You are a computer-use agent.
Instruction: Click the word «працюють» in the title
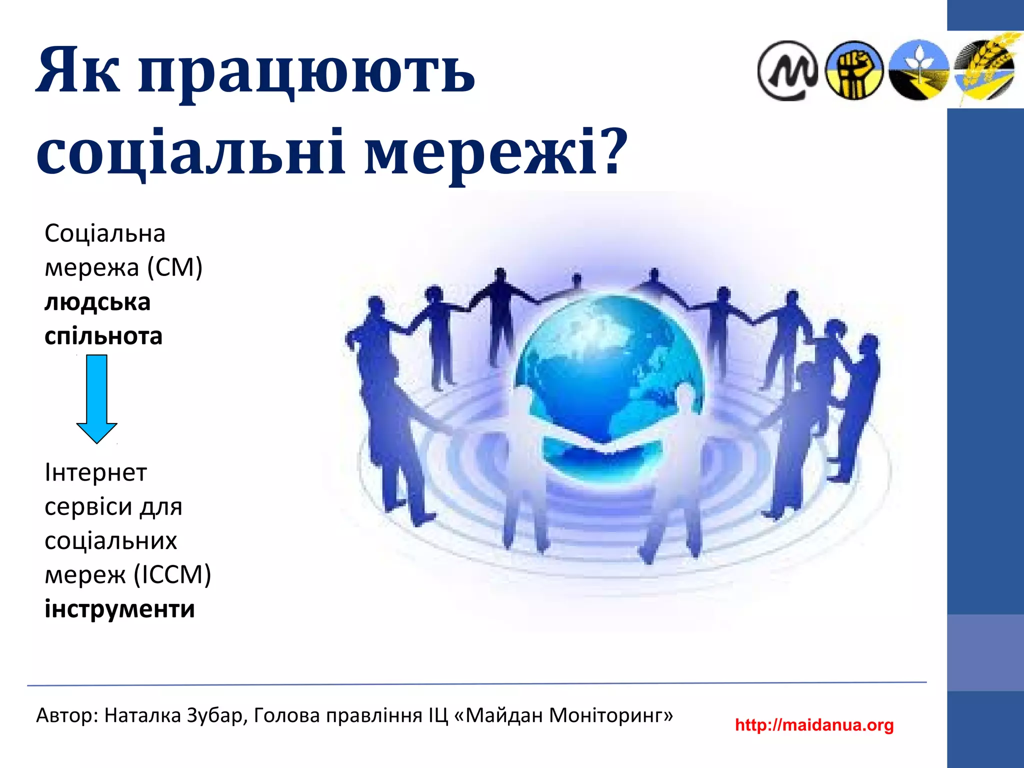coord(306,72)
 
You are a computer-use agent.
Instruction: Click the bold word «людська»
coord(97,302)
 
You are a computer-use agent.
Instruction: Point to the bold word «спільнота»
coord(103,336)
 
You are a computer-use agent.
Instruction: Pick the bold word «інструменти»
coord(119,608)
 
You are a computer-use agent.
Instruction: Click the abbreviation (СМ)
coord(174,267)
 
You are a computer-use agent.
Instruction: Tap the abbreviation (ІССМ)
coord(172,574)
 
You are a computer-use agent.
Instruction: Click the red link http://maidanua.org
coord(814,724)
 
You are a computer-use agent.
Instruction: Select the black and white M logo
coord(787,70)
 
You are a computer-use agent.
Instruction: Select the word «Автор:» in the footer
coord(67,715)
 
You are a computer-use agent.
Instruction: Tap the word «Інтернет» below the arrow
coord(96,472)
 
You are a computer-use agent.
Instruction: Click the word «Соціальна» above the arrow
coord(105,233)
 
